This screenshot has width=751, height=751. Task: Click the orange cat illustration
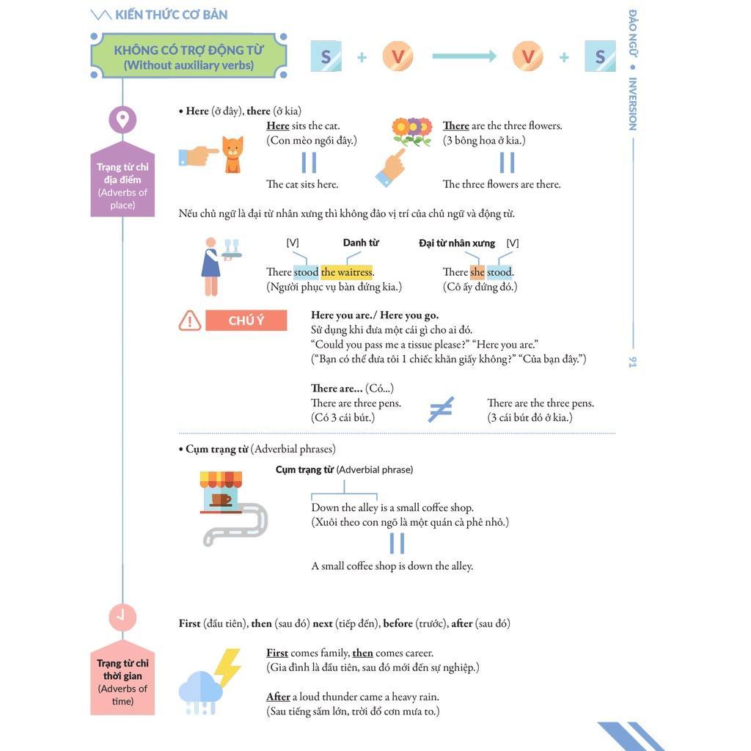click(x=232, y=155)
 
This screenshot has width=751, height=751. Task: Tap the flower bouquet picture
click(x=411, y=132)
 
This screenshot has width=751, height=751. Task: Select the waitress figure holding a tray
click(x=212, y=265)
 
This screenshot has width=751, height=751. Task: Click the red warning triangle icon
click(x=190, y=320)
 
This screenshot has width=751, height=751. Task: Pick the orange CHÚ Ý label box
click(x=246, y=320)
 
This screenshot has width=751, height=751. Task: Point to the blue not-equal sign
click(x=441, y=410)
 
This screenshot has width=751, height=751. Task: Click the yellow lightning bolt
click(x=227, y=667)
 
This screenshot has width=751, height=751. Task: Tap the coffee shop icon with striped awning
click(x=221, y=492)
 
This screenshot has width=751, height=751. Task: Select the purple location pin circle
click(x=122, y=120)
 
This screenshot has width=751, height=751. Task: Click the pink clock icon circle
click(x=122, y=617)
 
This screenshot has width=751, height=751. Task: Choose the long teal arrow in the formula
click(x=464, y=56)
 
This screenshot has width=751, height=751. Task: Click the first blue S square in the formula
click(x=326, y=56)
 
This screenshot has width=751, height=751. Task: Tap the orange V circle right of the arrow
click(x=527, y=56)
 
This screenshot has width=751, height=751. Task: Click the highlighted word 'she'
click(x=477, y=272)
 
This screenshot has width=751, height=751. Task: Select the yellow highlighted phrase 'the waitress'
click(x=347, y=272)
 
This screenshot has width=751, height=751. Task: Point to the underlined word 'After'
click(x=278, y=697)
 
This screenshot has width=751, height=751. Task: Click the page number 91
click(x=632, y=362)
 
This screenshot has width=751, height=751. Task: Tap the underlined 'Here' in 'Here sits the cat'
click(x=278, y=125)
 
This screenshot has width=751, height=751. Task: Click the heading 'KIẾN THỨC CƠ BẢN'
click(x=171, y=15)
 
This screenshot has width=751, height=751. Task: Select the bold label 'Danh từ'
click(x=361, y=243)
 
